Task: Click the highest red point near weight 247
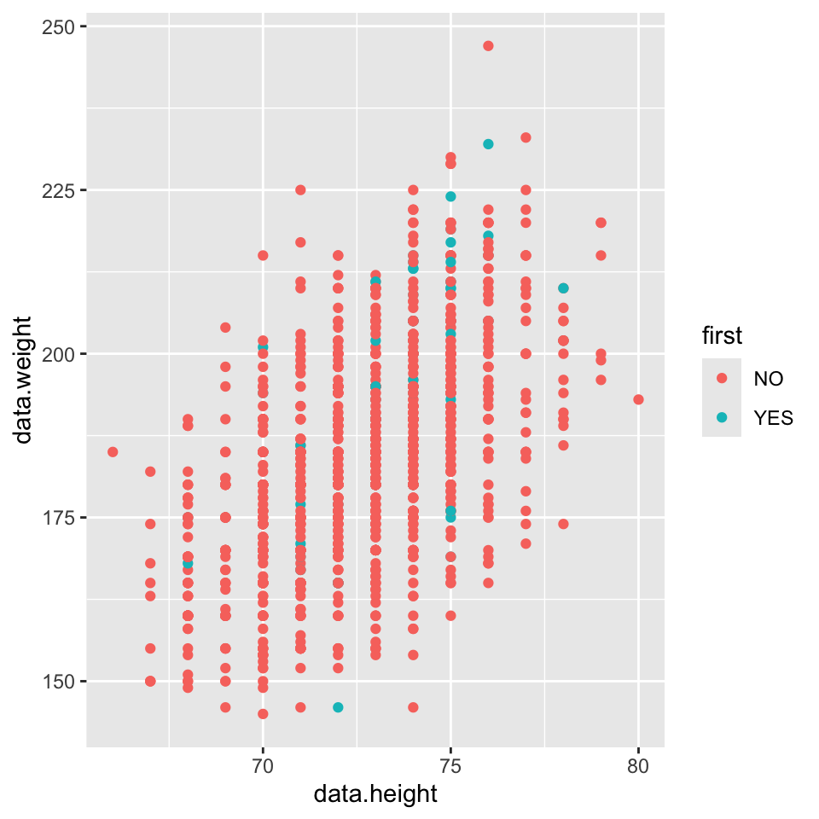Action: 488,46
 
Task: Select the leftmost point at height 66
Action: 113,451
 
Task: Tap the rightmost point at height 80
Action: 638,399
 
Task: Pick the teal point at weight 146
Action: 338,707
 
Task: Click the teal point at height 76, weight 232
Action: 488,144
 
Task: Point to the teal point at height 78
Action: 563,288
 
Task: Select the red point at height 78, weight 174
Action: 563,524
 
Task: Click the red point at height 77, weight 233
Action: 526,137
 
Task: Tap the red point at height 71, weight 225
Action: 300,190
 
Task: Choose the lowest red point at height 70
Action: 263,714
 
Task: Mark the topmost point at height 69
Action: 225,328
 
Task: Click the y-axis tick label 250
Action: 60,26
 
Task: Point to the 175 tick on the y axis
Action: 60,518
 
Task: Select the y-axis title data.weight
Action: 24,380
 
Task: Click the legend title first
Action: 721,337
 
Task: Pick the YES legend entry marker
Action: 722,417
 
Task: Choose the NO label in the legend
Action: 768,378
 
